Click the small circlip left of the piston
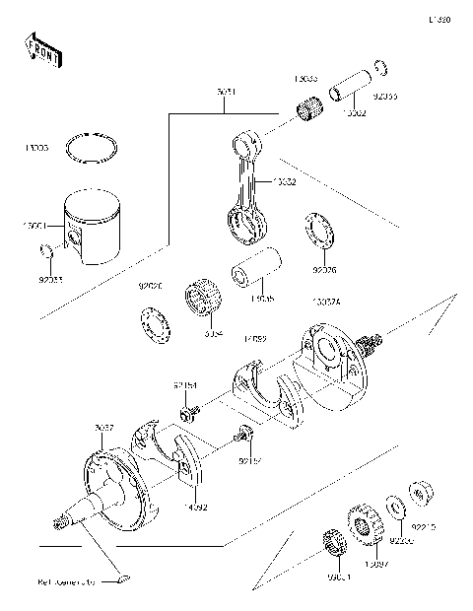pyautogui.click(x=44, y=259)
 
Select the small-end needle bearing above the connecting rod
pyautogui.click(x=312, y=104)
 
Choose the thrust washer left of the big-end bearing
pyautogui.click(x=154, y=323)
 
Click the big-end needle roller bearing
pyautogui.click(x=203, y=301)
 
